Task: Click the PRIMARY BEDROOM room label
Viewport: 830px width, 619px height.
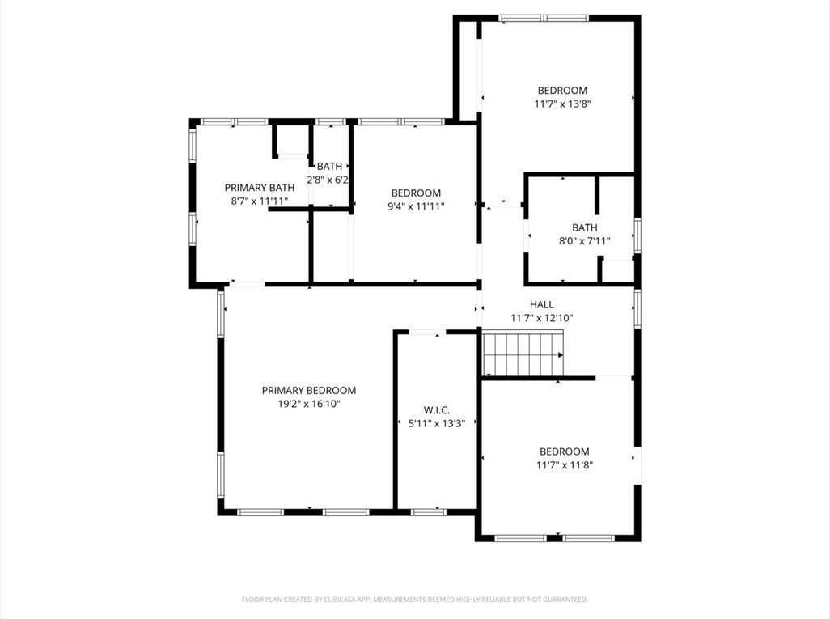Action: point(308,390)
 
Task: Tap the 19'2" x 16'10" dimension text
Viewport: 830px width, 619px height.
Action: point(308,403)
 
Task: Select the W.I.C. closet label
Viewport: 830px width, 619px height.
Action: point(436,410)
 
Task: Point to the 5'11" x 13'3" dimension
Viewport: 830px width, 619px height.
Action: point(436,423)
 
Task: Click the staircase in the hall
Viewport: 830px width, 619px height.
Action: point(522,354)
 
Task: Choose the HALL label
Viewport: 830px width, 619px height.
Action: point(541,305)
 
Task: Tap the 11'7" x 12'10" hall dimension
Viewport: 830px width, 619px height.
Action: point(541,318)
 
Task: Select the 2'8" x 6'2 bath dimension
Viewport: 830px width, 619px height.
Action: point(328,180)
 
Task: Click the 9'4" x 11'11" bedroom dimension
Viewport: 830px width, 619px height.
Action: point(416,206)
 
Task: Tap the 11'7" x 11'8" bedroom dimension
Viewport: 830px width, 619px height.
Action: point(564,464)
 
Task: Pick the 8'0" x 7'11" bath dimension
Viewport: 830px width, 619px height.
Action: point(584,240)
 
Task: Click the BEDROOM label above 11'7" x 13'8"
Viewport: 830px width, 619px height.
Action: point(562,91)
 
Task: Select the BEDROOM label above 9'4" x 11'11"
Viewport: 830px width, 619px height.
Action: point(416,193)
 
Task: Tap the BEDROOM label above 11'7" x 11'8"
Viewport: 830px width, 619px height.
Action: point(564,452)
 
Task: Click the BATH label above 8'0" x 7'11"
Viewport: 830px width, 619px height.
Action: point(584,227)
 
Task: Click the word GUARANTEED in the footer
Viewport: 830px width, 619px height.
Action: point(561,600)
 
